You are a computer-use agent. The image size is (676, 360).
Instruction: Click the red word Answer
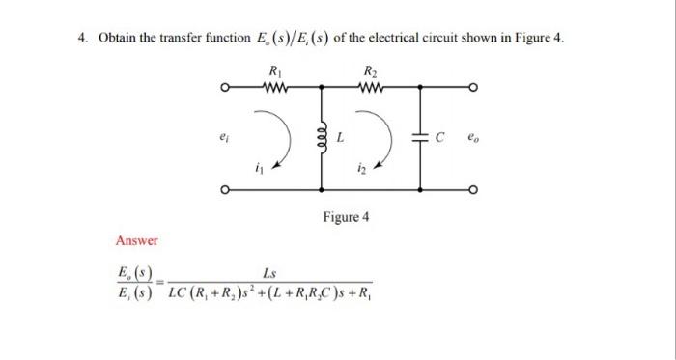[x=136, y=240]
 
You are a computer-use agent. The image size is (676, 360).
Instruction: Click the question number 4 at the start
[x=83, y=39]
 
